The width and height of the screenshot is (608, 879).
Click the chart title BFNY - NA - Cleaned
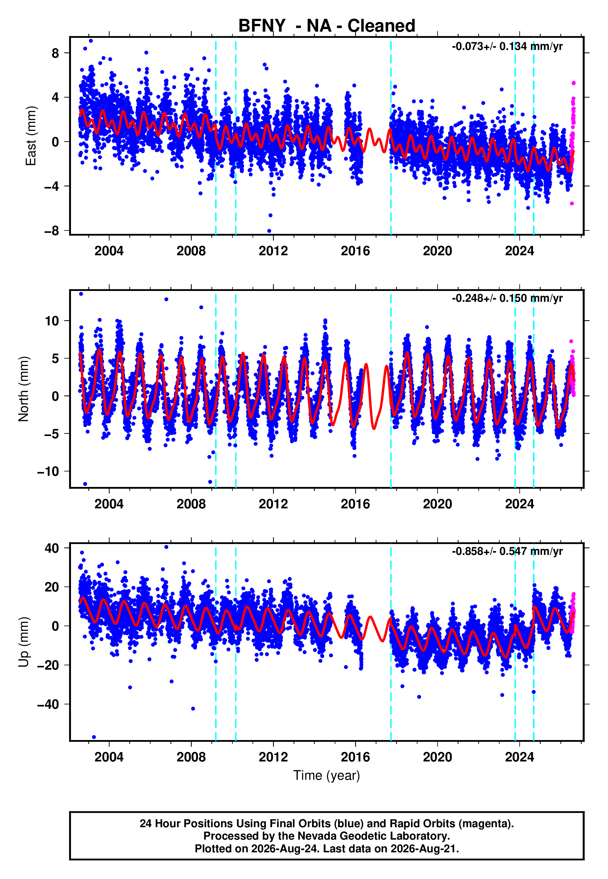pos(327,26)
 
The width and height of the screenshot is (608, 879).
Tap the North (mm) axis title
pos(24,389)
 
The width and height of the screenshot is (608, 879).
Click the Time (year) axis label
pos(327,775)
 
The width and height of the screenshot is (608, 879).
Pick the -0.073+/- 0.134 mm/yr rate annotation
pos(507,47)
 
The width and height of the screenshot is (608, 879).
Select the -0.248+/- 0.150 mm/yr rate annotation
pos(507,298)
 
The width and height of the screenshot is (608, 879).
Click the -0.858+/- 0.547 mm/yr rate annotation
pos(507,551)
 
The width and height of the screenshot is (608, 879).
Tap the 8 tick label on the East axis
pos(55,53)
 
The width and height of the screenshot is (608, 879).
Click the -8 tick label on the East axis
pos(52,231)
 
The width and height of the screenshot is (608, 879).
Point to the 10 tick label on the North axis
pos(52,321)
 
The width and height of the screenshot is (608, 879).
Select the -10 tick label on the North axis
pos(48,471)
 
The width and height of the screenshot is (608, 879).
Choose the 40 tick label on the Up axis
pos(52,548)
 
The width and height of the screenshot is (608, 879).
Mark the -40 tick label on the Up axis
pos(48,704)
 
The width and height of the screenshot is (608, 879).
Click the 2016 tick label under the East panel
pos(355,251)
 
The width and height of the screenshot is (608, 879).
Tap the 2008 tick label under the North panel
pos(191,504)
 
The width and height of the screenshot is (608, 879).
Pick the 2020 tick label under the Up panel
pos(438,757)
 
